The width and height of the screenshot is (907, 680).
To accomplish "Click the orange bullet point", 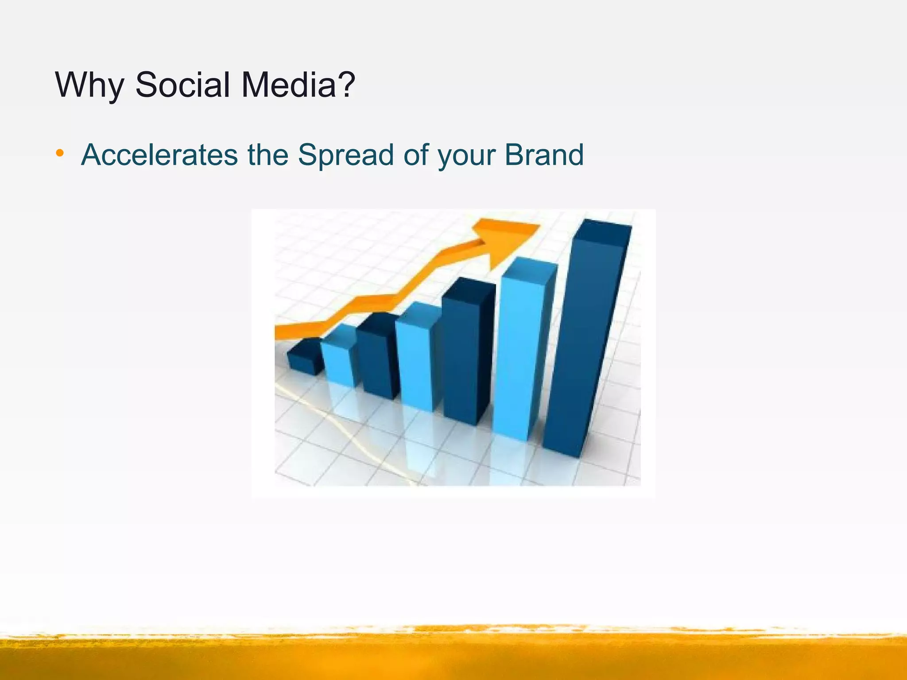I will click(x=60, y=154).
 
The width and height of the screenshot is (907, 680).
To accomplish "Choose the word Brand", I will click(x=544, y=155).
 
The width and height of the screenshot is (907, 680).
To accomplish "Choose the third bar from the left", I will click(x=376, y=359).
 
